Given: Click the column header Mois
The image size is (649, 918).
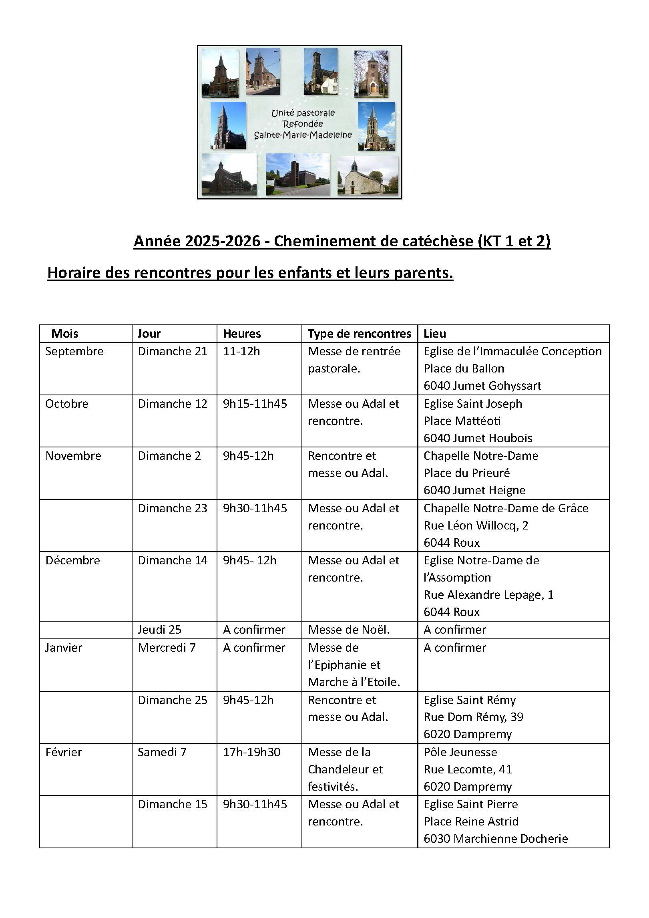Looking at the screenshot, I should (65, 334).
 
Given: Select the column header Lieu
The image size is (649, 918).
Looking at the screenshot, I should (435, 334).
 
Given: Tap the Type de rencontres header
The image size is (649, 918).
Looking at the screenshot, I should (360, 334).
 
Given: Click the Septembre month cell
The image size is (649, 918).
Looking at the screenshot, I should (74, 351).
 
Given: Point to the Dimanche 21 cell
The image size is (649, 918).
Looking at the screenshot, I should (173, 351).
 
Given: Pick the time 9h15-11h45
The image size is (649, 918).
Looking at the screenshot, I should (255, 404).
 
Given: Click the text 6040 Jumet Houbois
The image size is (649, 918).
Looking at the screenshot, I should (478, 438).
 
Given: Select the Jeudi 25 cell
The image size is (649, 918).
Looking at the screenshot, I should (159, 630).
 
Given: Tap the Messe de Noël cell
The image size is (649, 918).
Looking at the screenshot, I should (349, 630).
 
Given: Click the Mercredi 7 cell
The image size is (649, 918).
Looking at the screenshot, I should (167, 648).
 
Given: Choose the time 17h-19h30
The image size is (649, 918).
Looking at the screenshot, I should (251, 752).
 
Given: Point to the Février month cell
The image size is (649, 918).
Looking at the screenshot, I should (64, 752).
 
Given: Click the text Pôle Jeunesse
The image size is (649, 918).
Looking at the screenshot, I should (460, 752).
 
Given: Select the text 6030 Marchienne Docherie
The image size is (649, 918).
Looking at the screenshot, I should (496, 839).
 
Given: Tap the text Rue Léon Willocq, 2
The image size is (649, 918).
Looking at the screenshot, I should (476, 525).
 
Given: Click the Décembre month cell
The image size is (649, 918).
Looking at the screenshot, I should (73, 560).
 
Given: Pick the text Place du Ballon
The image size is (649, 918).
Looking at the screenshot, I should (464, 368).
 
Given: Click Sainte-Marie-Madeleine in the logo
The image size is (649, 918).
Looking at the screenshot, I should (303, 135).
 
